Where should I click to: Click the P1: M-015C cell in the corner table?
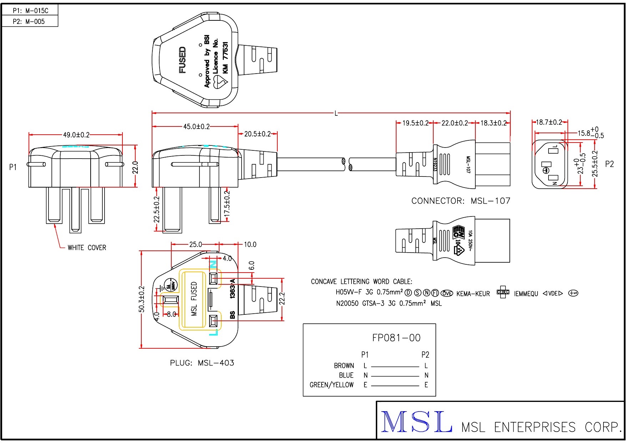[x=30, y=11]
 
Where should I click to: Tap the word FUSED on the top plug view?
[x=182, y=60]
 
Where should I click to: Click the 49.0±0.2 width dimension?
[x=76, y=135]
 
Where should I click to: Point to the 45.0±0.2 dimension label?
[x=196, y=127]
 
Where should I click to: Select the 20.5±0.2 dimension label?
[x=257, y=134]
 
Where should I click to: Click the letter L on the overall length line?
[x=336, y=114]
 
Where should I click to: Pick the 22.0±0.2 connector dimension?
[x=454, y=123]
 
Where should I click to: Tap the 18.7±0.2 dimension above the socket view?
[x=549, y=123]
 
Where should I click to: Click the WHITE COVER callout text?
[x=87, y=248]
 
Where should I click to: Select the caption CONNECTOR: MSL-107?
[x=460, y=201]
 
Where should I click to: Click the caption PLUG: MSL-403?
[x=202, y=363]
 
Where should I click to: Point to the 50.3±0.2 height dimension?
[x=142, y=299]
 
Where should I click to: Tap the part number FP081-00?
[x=396, y=338]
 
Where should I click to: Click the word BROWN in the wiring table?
[x=344, y=366]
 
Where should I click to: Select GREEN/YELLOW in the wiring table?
[x=332, y=385]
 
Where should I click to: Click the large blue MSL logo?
[x=416, y=422]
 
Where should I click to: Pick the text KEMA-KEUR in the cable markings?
[x=473, y=294]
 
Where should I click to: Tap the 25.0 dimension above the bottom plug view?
[x=195, y=245]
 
